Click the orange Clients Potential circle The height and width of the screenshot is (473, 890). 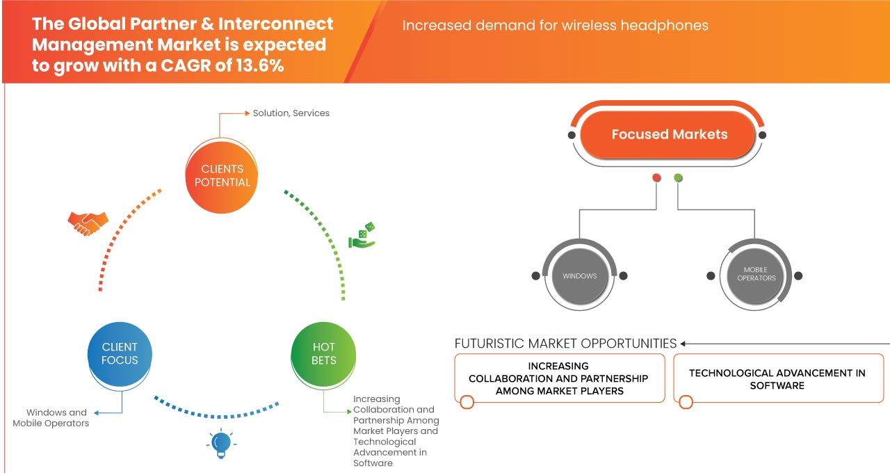coord(222,175)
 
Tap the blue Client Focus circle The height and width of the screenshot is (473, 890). coord(120,353)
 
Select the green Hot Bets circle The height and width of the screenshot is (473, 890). coord(323,353)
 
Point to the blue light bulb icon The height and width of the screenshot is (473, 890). coord(220,444)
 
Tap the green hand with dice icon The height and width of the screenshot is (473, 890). coord(362,236)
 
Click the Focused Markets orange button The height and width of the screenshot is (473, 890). coord(669,134)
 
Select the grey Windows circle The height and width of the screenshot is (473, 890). coord(579,275)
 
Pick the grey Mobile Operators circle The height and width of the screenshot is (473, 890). coord(755,275)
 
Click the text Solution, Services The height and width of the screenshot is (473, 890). coord(291,113)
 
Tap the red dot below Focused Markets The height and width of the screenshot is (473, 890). coord(656,178)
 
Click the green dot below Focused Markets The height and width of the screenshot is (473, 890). coord(678,178)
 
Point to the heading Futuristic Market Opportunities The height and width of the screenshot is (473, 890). coord(565,344)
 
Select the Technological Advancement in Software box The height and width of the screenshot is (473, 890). coord(777,379)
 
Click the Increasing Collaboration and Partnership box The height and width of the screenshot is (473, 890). coord(558,378)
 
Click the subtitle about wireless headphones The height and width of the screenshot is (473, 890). coord(555,26)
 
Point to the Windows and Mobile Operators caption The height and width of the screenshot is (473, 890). coord(51,417)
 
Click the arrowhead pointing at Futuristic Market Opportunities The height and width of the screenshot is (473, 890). coord(683,344)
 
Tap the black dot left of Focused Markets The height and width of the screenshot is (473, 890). coord(572,135)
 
